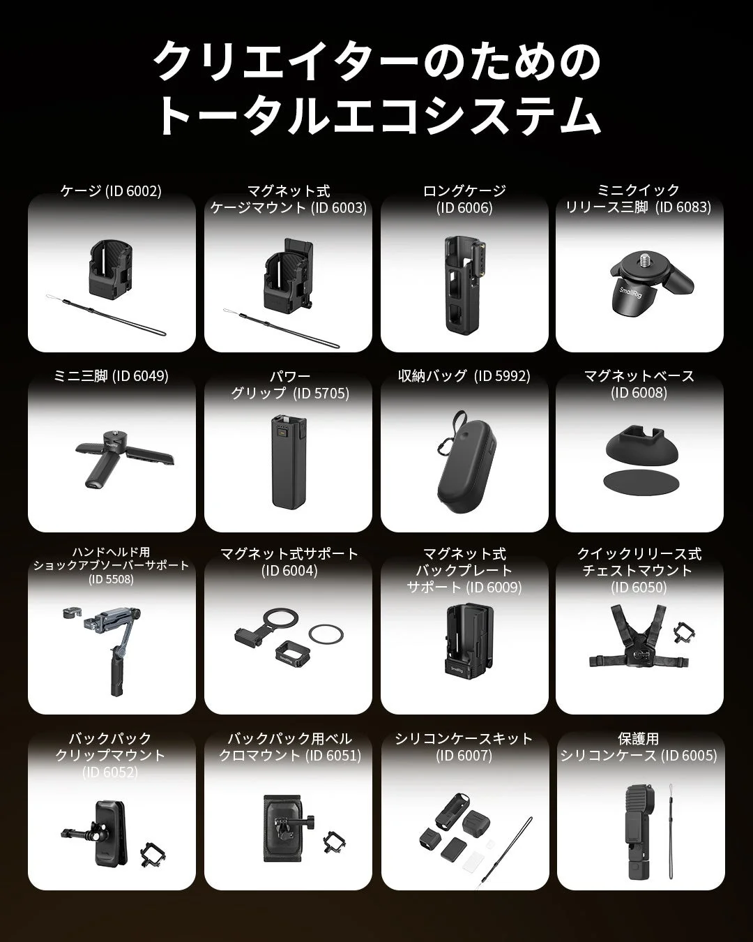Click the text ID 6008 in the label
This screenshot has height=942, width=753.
(639, 393)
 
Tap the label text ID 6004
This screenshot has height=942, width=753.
(289, 571)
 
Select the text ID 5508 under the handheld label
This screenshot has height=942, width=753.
(112, 579)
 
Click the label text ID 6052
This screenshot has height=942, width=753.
(110, 772)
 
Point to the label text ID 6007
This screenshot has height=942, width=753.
(464, 755)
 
